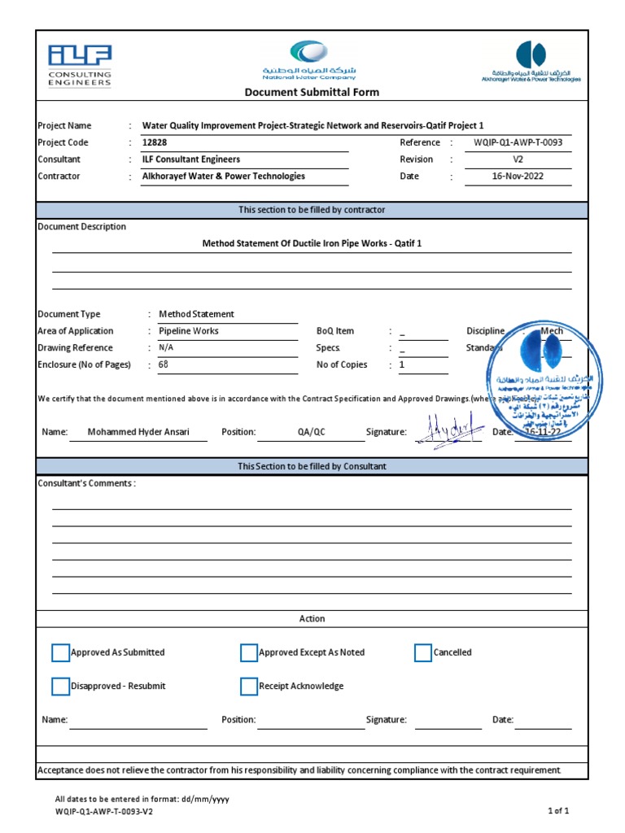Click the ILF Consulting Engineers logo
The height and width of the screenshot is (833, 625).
pyautogui.click(x=79, y=66)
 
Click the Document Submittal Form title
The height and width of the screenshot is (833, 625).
pyautogui.click(x=312, y=92)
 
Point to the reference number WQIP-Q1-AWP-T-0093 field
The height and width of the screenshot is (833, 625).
pyautogui.click(x=518, y=142)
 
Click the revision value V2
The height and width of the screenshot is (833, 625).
pyautogui.click(x=518, y=159)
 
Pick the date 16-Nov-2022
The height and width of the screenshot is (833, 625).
pyautogui.click(x=518, y=177)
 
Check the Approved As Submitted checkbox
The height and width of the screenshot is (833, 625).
pyautogui.click(x=61, y=652)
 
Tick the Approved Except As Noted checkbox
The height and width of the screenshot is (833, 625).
pyautogui.click(x=249, y=652)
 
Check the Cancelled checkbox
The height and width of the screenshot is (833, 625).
pyautogui.click(x=423, y=652)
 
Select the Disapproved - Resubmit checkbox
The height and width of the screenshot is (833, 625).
pyautogui.click(x=61, y=687)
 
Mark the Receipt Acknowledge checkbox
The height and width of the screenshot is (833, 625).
pyautogui.click(x=249, y=687)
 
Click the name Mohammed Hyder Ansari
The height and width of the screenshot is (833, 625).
pyautogui.click(x=138, y=432)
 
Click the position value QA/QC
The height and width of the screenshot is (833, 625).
pyautogui.click(x=311, y=432)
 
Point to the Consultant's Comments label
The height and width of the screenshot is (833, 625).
pyautogui.click(x=87, y=483)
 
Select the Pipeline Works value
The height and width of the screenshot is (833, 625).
pyautogui.click(x=189, y=331)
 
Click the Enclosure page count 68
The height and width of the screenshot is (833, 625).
pyautogui.click(x=163, y=365)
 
